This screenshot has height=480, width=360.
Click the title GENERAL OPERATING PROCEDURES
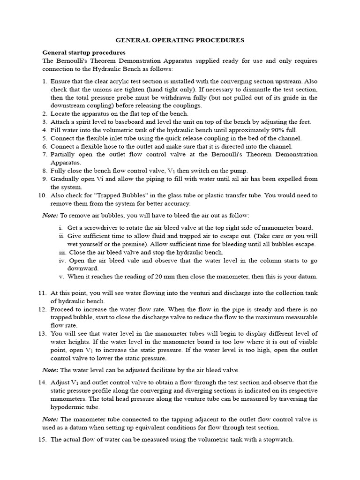pyautogui.click(x=180, y=40)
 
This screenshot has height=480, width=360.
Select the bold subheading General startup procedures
pyautogui.click(x=83, y=52)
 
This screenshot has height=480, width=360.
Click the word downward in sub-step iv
pyautogui.click(x=83, y=268)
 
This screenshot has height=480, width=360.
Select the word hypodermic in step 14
pyautogui.click(x=68, y=407)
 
